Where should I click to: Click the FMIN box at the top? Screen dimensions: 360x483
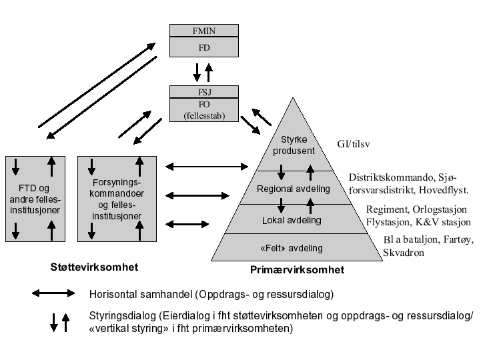(203, 31)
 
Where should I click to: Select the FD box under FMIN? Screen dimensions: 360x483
(203, 48)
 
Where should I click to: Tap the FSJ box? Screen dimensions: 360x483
(203, 93)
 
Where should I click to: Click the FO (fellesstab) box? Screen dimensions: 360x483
(203, 110)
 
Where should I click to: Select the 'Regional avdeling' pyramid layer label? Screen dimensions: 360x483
(294, 189)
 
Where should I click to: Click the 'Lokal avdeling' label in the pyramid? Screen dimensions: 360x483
(292, 220)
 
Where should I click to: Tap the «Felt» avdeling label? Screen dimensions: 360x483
(291, 248)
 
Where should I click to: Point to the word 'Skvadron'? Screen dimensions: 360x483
(403, 253)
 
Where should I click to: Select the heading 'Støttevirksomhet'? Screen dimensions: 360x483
(94, 267)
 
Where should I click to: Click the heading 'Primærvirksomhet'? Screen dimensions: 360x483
(297, 270)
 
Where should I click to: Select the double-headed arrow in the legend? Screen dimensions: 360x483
(54, 293)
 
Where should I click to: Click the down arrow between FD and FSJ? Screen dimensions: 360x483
(197, 71)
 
